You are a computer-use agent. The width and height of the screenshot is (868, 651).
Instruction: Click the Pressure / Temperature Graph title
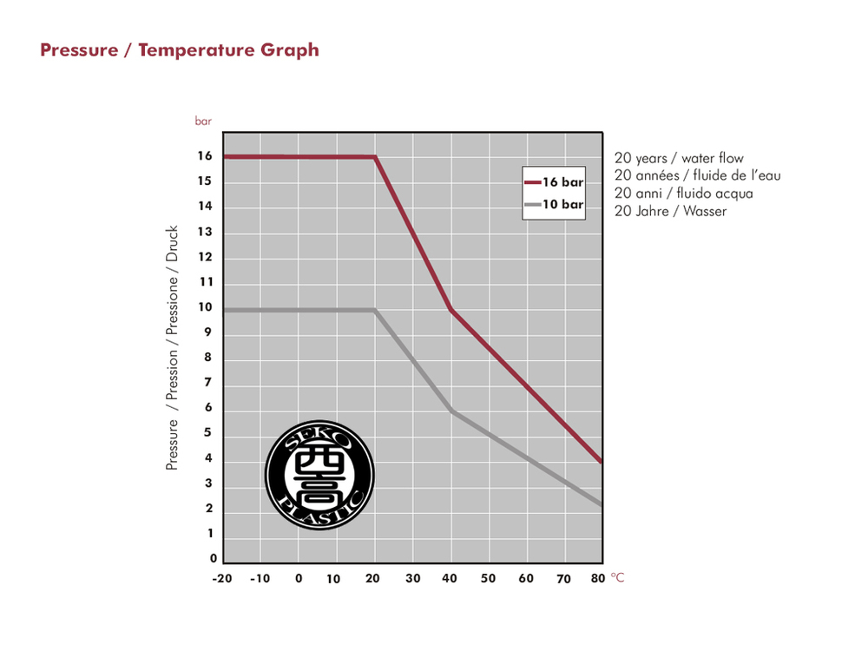(x=180, y=49)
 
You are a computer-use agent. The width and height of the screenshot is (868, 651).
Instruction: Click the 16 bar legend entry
(x=554, y=182)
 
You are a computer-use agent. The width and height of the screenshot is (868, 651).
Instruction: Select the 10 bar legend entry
(x=554, y=205)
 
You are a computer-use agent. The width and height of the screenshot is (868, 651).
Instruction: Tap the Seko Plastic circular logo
(x=319, y=474)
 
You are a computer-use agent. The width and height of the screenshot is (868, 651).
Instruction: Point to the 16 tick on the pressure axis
(x=205, y=157)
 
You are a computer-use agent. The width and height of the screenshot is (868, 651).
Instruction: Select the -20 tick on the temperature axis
(x=223, y=578)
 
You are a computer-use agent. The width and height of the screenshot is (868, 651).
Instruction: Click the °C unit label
(x=617, y=577)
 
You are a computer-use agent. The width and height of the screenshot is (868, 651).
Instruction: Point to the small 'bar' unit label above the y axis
(x=203, y=122)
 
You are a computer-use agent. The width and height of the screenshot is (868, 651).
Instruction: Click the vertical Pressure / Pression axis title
(x=172, y=348)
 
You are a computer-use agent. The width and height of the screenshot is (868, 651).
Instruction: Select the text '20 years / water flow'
(x=679, y=158)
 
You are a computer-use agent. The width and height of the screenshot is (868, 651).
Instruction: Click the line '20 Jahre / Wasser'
(x=670, y=211)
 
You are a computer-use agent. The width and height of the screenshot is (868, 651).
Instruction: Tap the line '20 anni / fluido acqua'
(x=683, y=194)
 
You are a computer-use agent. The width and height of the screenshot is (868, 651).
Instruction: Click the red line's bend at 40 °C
(x=450, y=309)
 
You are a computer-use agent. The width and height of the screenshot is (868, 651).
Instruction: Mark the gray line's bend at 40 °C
(x=450, y=411)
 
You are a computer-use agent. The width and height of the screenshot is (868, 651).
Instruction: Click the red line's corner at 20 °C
(x=375, y=157)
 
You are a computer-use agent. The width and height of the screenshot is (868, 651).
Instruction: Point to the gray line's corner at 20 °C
(x=375, y=310)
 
